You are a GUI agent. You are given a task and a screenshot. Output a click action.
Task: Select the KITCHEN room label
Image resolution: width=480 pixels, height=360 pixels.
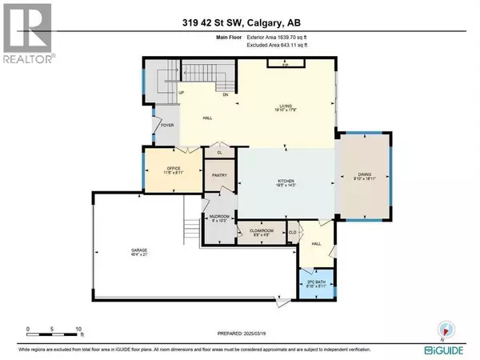(286, 180)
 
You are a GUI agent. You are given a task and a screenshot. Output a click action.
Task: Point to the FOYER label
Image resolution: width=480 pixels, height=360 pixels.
(168, 125)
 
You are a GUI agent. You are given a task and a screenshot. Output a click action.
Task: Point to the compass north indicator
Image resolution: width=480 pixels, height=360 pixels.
(446, 327)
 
